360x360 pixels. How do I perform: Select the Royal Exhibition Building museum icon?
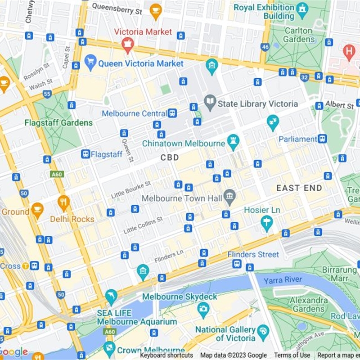(302, 8)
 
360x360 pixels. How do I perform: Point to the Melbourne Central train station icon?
(172, 113)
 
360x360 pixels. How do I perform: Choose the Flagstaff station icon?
(85, 154)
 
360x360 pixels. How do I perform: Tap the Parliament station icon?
(322, 139)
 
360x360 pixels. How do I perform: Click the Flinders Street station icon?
(237, 264)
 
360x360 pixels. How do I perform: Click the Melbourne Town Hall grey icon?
(230, 197)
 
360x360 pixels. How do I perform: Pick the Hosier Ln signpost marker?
(267, 222)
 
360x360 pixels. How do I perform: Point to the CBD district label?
(170, 157)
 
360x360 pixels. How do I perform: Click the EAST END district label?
(299, 188)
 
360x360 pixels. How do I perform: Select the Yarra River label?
(283, 280)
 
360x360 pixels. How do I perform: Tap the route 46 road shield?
(265, 46)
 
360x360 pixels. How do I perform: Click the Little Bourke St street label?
(131, 189)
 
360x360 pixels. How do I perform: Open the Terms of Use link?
(292, 355)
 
